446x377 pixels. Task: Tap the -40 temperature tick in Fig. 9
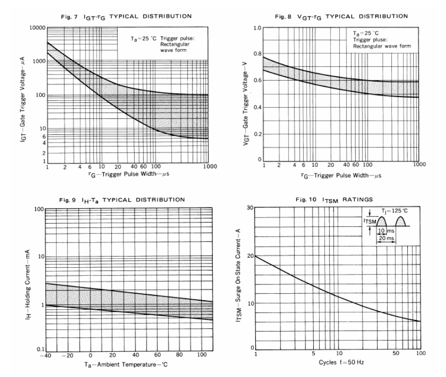click(46, 354)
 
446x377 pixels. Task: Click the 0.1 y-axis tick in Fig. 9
click(41, 348)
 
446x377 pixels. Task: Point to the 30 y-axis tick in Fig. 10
click(251, 208)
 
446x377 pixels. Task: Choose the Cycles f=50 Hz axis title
click(337, 363)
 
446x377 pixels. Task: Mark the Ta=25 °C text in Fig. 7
click(136, 37)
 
